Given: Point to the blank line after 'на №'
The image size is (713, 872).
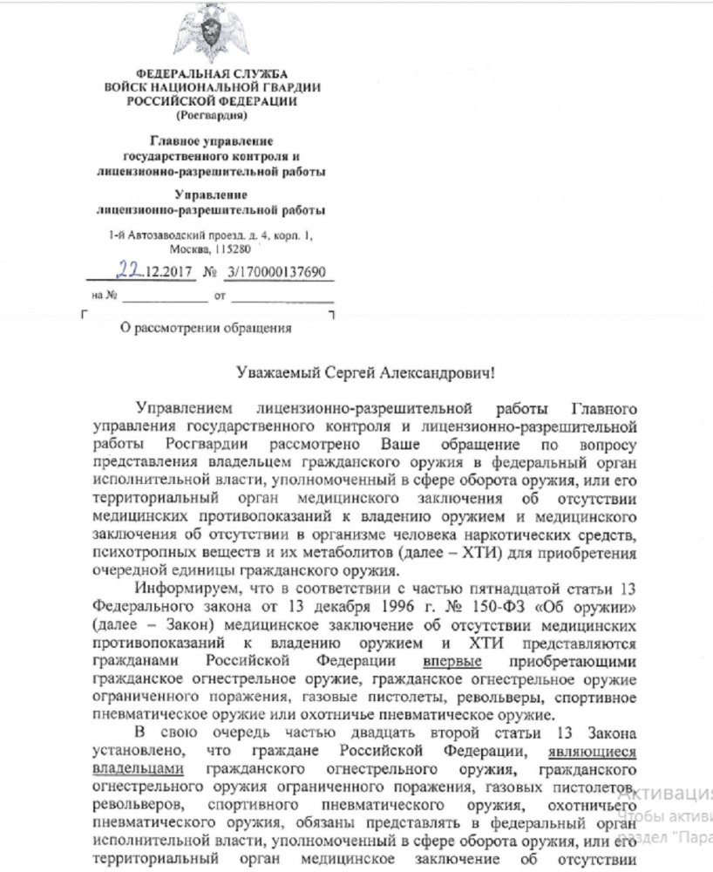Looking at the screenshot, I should pyautogui.click(x=165, y=297).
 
